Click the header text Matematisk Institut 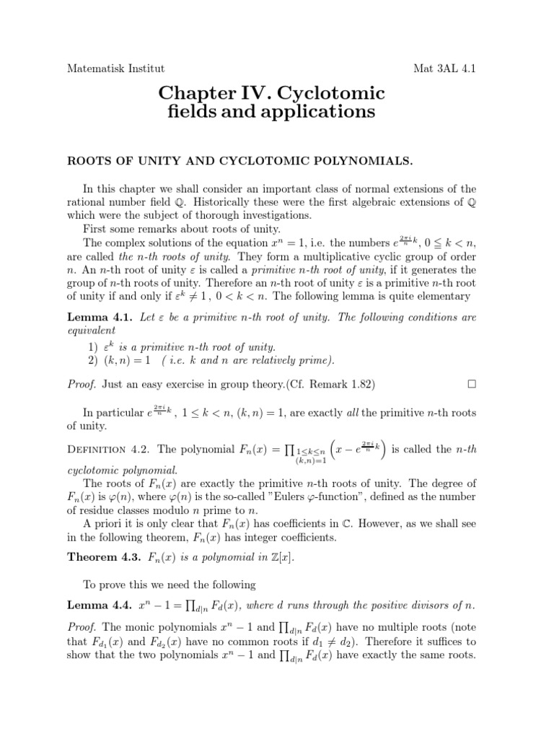(x=115, y=69)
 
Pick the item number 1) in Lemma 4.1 (x=92, y=346)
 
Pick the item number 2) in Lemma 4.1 (x=92, y=360)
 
